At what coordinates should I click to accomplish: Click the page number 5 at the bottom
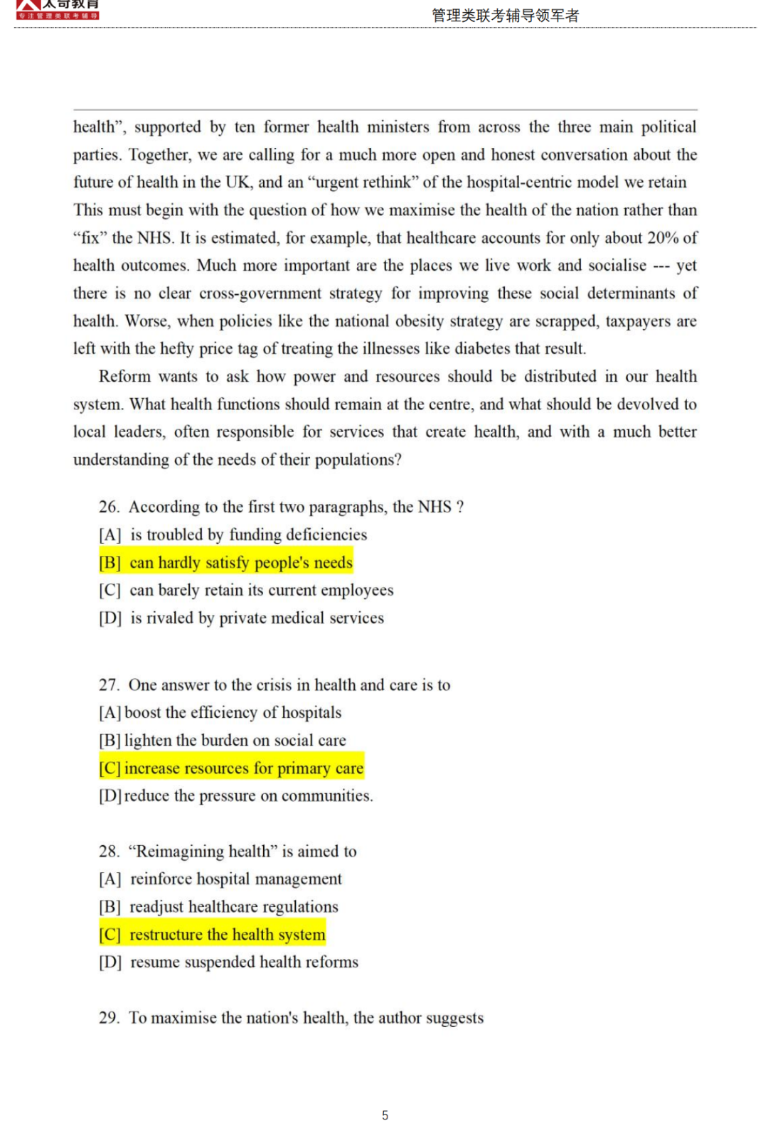[x=385, y=1115]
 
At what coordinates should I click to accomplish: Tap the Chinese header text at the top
[x=505, y=16]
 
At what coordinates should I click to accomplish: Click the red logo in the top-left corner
[x=57, y=9]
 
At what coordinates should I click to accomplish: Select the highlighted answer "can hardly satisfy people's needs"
[x=226, y=563]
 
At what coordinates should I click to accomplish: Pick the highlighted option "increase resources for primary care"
[x=232, y=768]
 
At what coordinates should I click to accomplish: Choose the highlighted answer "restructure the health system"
[x=213, y=935]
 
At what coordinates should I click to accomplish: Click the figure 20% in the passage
[x=663, y=238]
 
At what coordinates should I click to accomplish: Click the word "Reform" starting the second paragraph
[x=124, y=377]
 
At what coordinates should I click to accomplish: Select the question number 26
[x=108, y=507]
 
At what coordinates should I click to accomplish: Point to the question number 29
[x=108, y=1018]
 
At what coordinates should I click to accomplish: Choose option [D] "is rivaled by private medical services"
[x=242, y=618]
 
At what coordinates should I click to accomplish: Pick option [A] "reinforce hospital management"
[x=220, y=879]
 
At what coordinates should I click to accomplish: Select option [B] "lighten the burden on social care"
[x=223, y=741]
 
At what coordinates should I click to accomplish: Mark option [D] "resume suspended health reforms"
[x=229, y=962]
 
